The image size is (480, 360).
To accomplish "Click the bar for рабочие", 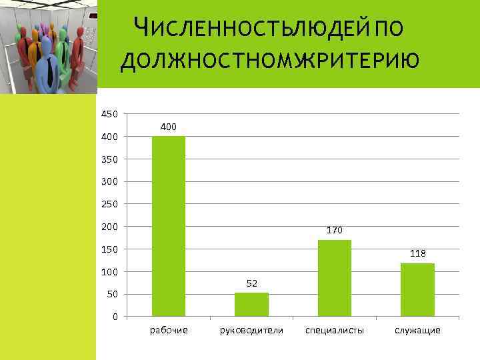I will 169,226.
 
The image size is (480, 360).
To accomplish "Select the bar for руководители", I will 251,304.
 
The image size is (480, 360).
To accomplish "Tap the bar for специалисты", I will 335,277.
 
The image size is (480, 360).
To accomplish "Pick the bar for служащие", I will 417,289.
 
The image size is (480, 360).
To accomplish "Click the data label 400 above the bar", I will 169,127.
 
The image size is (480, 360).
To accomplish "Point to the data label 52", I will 251,283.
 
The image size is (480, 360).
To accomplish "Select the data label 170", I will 335,230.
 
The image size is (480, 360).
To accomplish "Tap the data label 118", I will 417,253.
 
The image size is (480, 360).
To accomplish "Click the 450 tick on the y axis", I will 109,115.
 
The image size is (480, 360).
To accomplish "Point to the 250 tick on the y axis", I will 109,204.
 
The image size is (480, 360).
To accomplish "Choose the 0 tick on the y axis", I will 115,317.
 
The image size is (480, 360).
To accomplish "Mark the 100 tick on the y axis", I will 109,272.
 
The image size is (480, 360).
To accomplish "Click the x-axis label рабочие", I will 169,330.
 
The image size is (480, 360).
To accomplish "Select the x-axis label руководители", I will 251,330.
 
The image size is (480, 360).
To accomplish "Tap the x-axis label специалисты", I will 335,330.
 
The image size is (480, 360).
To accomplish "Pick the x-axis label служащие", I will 417,330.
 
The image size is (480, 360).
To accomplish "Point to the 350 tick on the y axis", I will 109,159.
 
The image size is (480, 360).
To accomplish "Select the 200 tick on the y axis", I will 109,227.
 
